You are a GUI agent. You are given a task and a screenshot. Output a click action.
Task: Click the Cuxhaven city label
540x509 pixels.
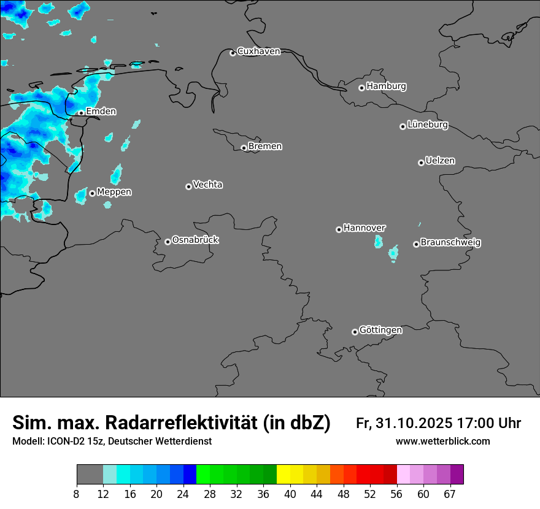tap(258, 52)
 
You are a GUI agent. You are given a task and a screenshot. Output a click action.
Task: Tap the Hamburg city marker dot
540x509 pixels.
tap(361, 88)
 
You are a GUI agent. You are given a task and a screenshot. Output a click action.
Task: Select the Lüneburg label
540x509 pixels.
tap(428, 124)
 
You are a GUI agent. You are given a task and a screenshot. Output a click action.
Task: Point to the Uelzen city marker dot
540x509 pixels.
tap(421, 163)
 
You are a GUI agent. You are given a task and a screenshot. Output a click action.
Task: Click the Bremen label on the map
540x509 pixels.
tap(265, 146)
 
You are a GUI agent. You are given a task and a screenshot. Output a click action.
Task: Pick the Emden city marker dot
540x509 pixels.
tap(81, 113)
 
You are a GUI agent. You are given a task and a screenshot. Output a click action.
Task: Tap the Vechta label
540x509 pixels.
tap(207, 185)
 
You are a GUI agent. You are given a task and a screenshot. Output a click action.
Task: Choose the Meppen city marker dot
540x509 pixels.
tap(92, 193)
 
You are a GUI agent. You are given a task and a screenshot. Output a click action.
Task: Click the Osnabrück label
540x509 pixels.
tap(195, 240)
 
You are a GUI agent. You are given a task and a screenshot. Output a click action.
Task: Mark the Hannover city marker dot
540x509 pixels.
tap(339, 229)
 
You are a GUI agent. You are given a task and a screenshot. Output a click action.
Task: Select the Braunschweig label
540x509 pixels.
tap(450, 242)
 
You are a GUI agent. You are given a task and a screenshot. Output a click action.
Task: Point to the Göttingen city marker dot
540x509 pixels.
tap(355, 332)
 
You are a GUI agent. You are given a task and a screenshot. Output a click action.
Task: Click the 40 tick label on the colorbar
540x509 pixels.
tap(290, 494)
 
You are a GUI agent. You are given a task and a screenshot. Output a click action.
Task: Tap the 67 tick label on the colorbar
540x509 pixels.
tap(449, 494)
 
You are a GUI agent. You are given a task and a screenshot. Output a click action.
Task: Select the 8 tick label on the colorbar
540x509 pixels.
tap(77, 494)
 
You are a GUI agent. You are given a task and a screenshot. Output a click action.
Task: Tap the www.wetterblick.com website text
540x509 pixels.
tap(443, 441)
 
